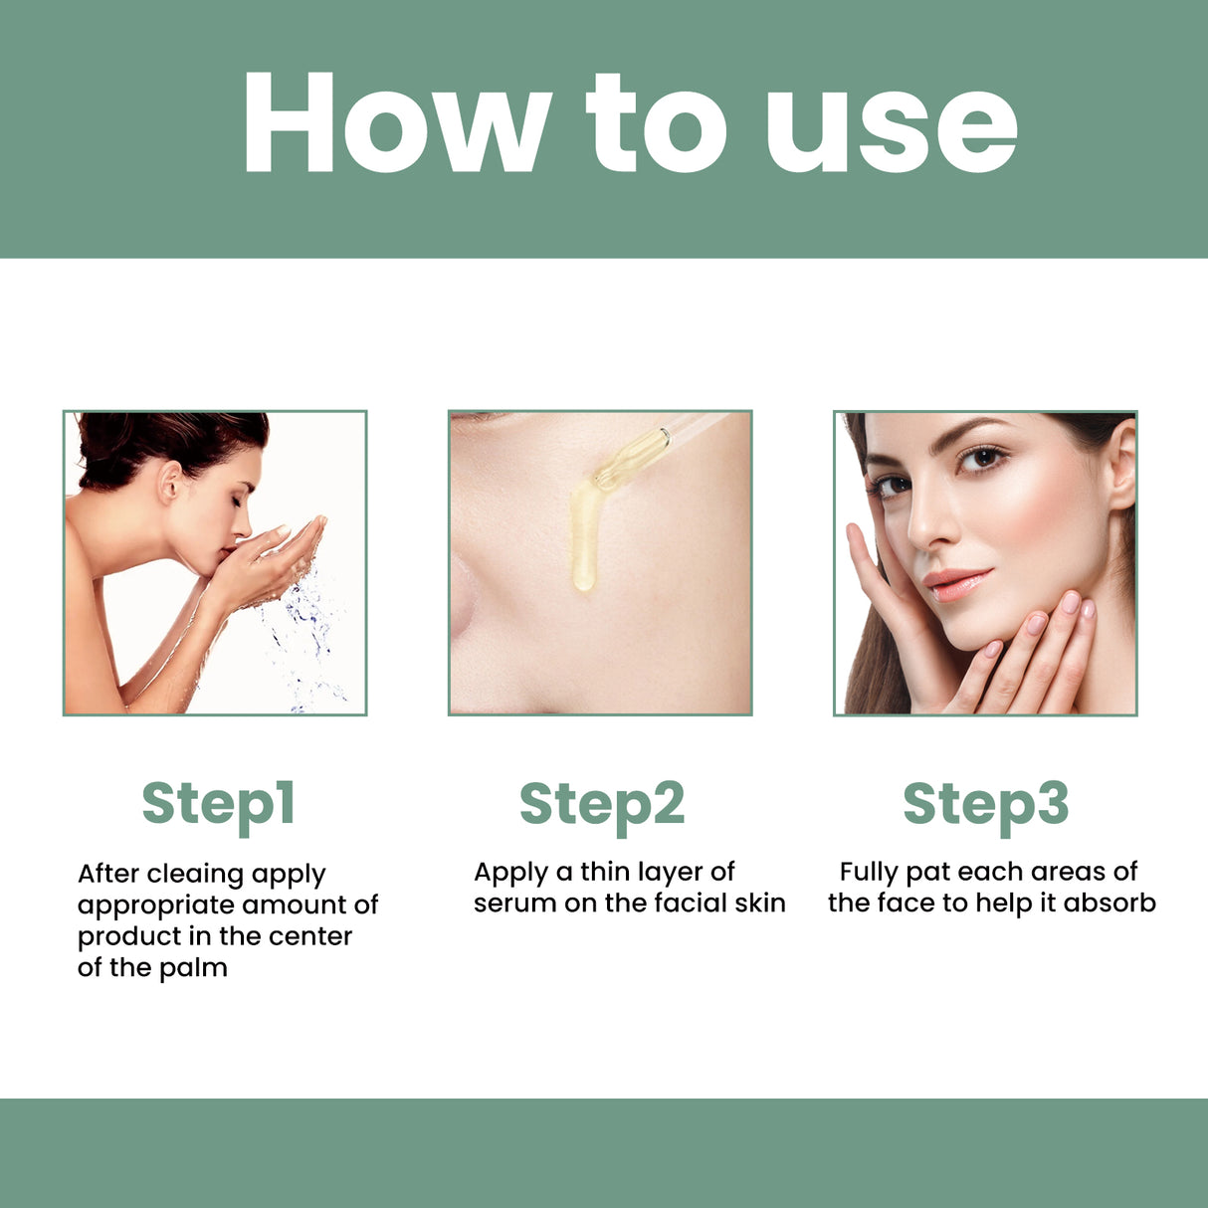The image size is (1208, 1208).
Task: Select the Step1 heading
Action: [218, 804]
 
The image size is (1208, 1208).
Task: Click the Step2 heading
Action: [602, 804]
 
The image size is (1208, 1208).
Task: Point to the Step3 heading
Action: [985, 804]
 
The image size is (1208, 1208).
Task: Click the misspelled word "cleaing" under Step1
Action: [195, 875]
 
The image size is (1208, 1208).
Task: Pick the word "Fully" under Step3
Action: [868, 873]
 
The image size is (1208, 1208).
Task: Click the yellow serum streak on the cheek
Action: [583, 537]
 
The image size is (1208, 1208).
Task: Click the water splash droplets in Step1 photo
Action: [303, 637]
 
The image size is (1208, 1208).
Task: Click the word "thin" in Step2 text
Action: [605, 873]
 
